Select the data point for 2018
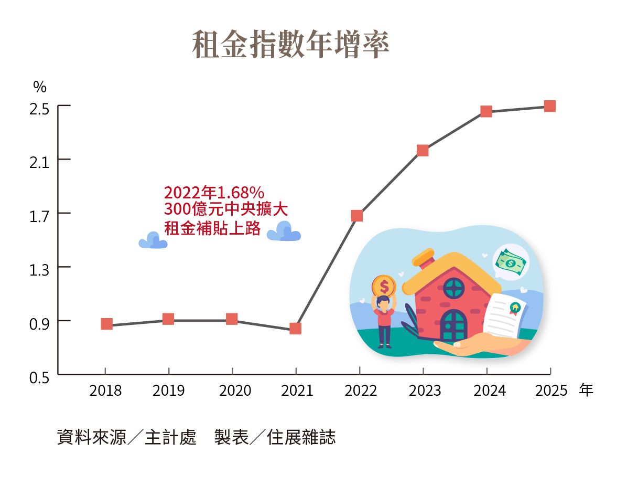click(106, 324)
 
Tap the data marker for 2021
click(295, 329)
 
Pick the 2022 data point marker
click(357, 216)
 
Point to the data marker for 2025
click(549, 106)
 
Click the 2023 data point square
click(423, 151)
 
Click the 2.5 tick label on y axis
click(39, 110)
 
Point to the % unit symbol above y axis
click(40, 87)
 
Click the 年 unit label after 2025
click(587, 391)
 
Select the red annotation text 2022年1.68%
click(214, 193)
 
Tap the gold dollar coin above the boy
click(384, 286)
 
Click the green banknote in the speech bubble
click(511, 262)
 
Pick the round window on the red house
click(454, 288)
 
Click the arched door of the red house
click(453, 325)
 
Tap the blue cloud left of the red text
click(153, 241)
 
